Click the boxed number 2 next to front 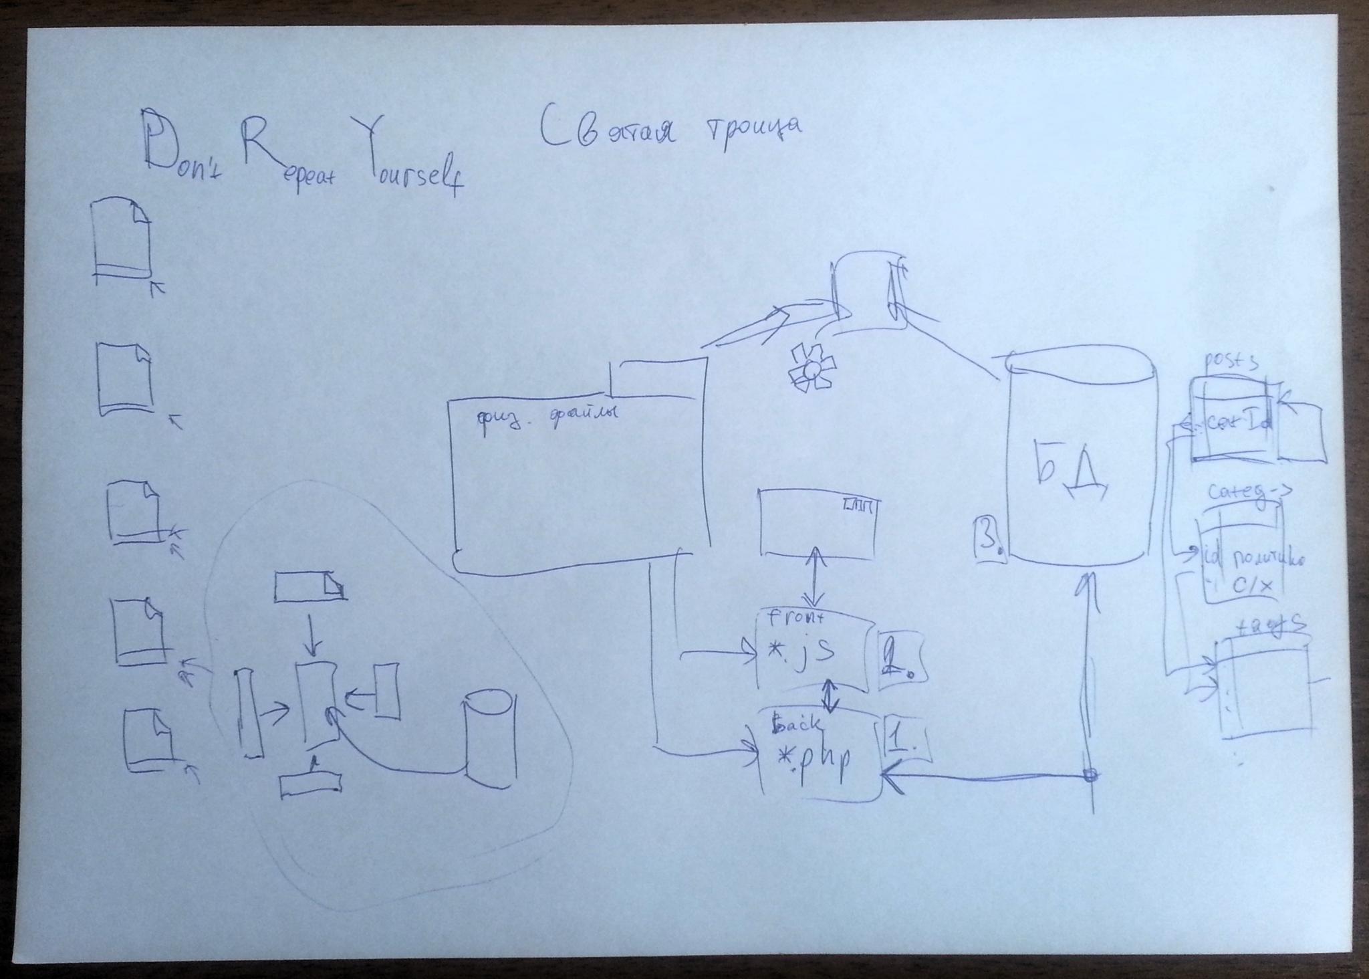(900, 659)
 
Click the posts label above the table (1230, 362)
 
